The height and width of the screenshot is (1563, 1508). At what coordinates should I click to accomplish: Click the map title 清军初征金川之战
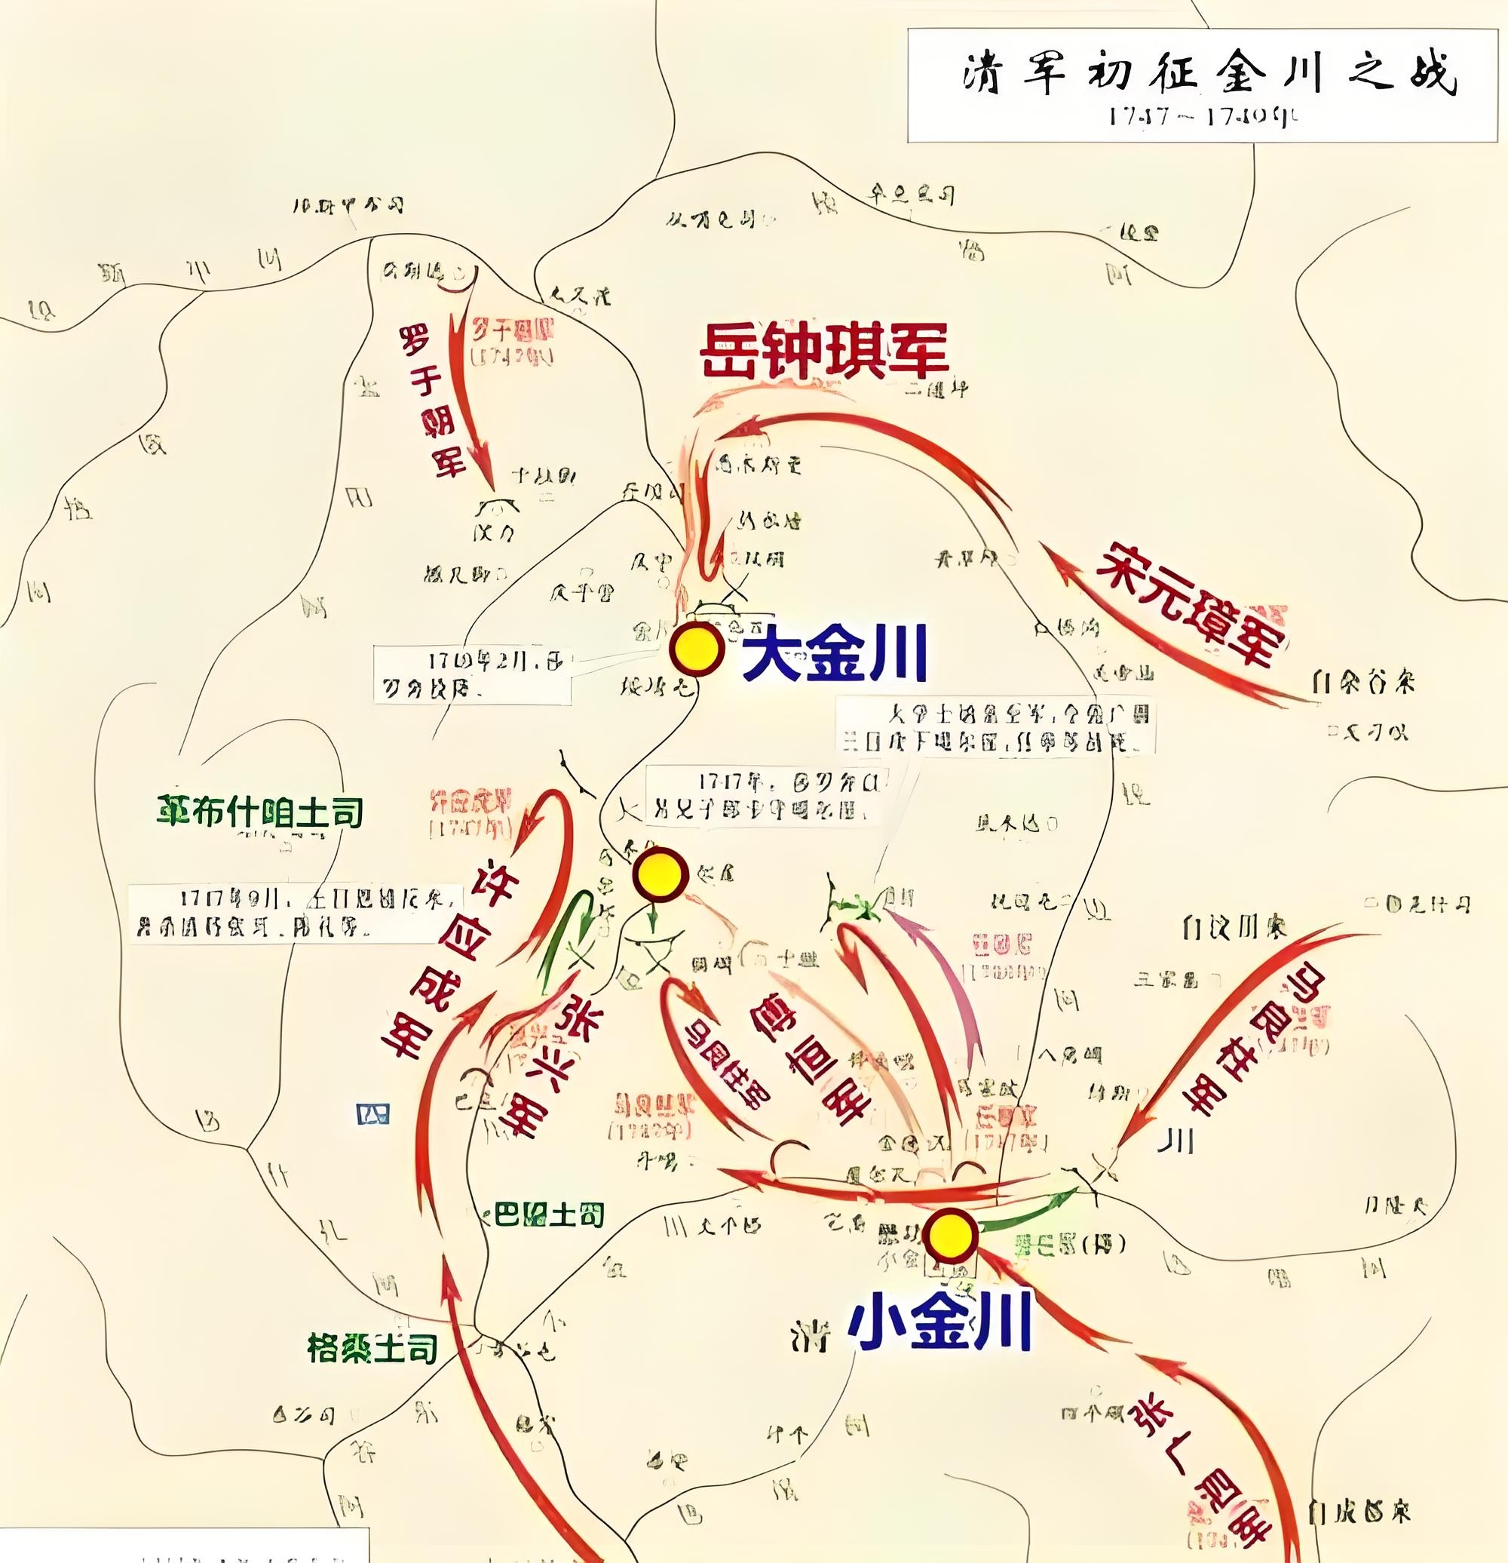[x=1206, y=75]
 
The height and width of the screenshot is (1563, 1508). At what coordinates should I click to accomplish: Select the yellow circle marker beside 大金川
[x=696, y=650]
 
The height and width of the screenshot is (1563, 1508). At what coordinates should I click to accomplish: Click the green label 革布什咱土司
[x=260, y=812]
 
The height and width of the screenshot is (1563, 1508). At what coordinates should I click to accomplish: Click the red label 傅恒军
[x=809, y=1052]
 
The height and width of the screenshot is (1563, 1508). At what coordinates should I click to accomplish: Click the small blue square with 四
[x=372, y=1113]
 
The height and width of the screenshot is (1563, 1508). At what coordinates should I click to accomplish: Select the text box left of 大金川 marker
[x=472, y=674]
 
